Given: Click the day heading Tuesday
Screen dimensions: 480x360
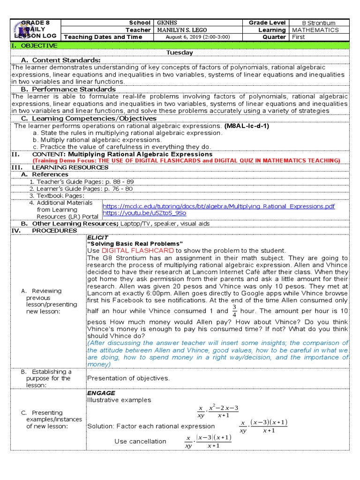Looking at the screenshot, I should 180,52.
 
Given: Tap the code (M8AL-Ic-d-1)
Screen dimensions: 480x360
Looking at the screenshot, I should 247,126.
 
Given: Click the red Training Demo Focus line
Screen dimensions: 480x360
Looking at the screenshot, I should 186,160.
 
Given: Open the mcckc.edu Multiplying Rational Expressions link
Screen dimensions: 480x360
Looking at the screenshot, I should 218,206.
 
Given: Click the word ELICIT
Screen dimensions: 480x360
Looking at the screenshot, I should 95,237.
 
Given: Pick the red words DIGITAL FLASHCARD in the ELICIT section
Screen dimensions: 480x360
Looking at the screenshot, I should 135,250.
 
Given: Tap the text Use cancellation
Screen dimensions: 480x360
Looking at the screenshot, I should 140,441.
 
